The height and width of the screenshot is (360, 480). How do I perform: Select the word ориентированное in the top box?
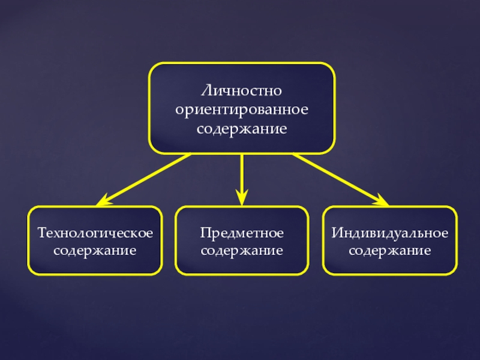click(x=242, y=110)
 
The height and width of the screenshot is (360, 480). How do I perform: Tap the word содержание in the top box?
click(x=242, y=128)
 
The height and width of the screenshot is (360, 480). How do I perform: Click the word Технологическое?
click(x=95, y=232)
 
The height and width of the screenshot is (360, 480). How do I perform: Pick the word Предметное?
click(x=242, y=232)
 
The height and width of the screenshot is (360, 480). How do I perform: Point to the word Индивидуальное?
click(x=390, y=232)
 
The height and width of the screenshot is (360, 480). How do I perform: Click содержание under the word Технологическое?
click(x=95, y=250)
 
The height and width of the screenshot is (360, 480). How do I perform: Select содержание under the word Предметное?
click(x=242, y=250)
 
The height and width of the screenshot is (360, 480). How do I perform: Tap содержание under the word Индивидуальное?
click(x=390, y=250)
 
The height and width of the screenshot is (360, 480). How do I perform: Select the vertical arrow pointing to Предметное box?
click(x=242, y=174)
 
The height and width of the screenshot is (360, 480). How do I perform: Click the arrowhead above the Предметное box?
click(x=242, y=196)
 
